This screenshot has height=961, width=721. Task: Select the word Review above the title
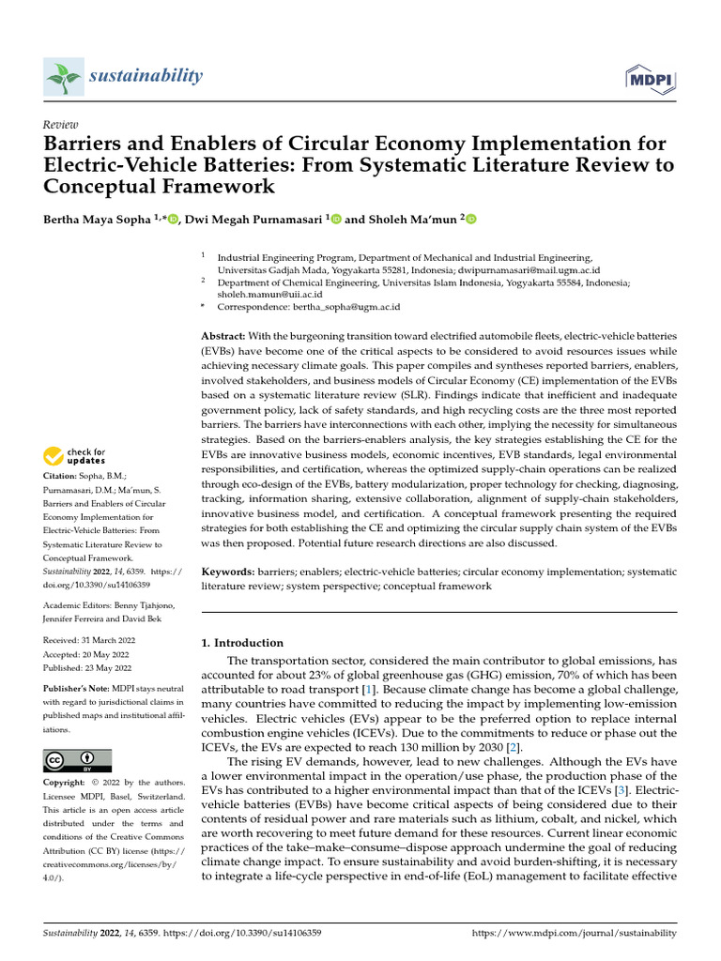[x=61, y=125]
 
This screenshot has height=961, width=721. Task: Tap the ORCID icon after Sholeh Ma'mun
[x=471, y=220]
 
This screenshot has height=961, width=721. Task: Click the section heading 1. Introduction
[x=243, y=643]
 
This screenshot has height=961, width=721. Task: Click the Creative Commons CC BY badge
[x=77, y=760]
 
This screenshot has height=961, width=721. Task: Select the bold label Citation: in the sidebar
[x=62, y=477]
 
